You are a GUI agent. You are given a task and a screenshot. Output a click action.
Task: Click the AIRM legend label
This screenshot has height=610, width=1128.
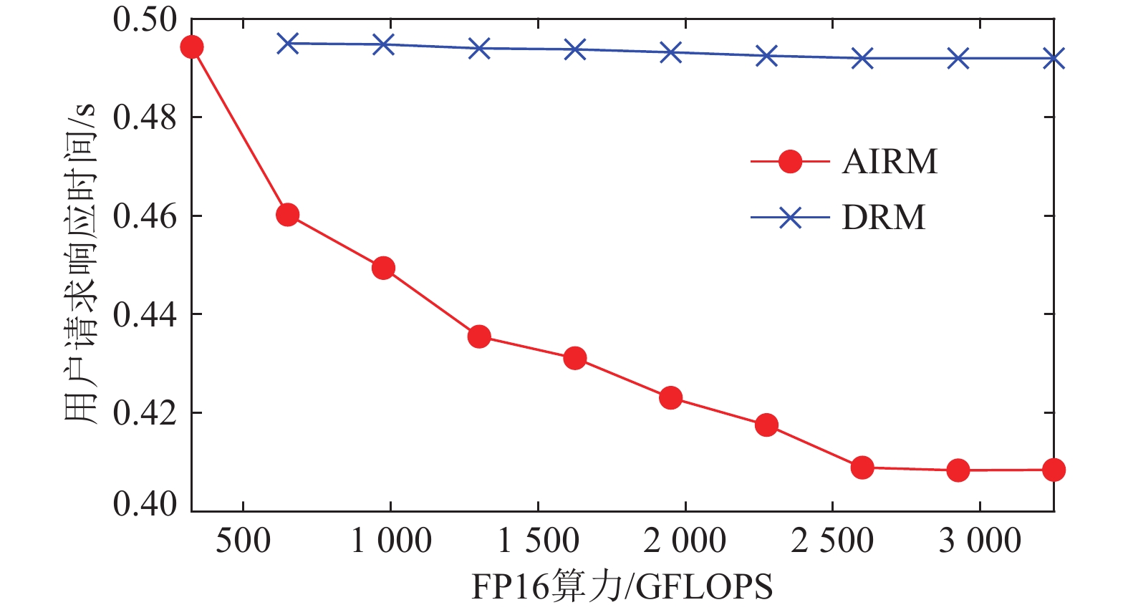click(890, 162)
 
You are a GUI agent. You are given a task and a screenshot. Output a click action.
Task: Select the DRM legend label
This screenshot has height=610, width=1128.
click(884, 218)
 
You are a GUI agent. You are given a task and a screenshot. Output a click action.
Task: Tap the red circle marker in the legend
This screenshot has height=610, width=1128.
click(790, 162)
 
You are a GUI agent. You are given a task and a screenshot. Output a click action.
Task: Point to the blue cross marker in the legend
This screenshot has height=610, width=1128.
click(790, 218)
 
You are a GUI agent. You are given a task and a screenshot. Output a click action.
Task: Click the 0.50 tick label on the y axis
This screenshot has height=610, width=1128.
click(145, 19)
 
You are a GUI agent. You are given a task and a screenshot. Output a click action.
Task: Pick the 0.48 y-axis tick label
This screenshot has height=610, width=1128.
click(145, 117)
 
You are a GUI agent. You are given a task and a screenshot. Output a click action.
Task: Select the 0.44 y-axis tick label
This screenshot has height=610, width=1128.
click(145, 314)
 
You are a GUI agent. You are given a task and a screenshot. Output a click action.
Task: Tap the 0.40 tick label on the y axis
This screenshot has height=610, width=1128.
click(145, 504)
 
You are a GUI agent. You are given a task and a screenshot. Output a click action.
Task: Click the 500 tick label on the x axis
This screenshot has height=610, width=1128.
click(244, 541)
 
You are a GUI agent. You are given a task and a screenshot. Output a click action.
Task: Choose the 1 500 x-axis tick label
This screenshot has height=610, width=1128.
click(538, 541)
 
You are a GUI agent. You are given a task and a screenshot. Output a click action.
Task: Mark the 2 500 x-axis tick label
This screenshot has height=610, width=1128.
click(832, 541)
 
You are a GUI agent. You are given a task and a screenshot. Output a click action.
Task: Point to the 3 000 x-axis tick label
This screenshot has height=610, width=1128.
click(980, 541)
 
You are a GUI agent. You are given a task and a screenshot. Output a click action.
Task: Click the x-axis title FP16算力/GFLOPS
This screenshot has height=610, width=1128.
click(622, 587)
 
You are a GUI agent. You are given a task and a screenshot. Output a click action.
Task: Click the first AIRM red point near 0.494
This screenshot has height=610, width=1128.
click(191, 47)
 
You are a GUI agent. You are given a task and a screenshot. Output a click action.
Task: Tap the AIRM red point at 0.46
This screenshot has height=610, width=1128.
click(287, 215)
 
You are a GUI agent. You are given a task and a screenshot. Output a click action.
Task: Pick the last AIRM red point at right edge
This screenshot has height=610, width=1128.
click(1054, 470)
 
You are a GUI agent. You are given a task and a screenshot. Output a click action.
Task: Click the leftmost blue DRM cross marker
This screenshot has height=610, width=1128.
click(287, 44)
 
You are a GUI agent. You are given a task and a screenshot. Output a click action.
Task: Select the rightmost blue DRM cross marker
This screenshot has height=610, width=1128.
click(1054, 59)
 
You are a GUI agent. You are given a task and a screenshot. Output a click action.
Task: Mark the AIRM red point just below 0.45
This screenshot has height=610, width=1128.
click(383, 268)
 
